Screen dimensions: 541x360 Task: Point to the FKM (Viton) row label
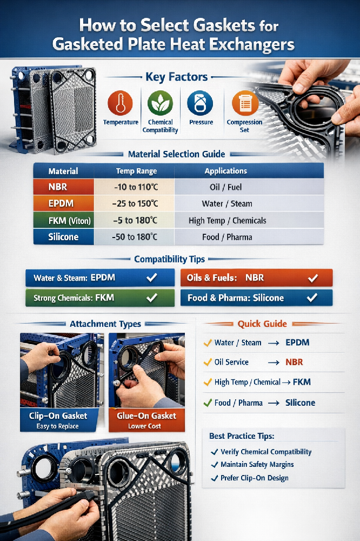(63, 221)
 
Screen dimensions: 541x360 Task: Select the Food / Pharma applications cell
(226, 237)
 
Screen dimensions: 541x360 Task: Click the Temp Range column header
(136, 171)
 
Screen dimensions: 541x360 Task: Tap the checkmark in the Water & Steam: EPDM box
(152, 278)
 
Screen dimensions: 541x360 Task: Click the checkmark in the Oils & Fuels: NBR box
(312, 278)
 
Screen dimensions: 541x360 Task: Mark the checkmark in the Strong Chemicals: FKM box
(152, 298)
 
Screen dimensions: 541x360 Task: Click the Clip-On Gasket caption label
(54, 416)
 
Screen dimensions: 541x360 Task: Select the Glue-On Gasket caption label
(146, 416)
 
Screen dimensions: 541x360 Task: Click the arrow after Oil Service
(274, 362)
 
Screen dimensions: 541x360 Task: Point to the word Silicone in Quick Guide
(300, 403)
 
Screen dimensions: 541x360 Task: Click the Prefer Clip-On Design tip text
(254, 478)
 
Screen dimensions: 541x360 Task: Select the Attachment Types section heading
(105, 324)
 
